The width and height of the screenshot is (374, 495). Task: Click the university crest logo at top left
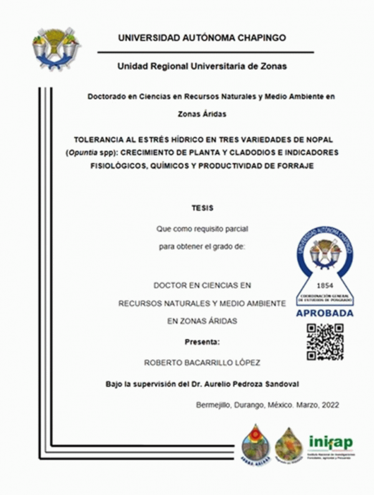56,47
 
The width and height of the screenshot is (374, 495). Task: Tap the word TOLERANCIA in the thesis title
102,141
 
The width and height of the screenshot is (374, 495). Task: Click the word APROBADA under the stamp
324,314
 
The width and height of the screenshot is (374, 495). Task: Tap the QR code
325,342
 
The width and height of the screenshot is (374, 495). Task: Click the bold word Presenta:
203,342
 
